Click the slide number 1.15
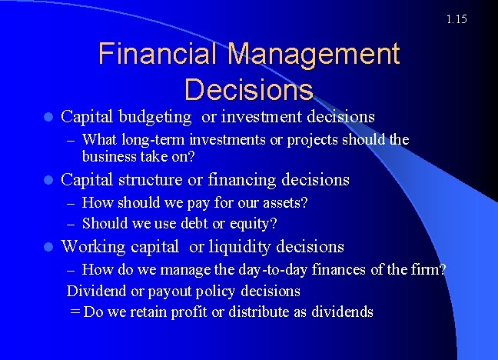coord(456,18)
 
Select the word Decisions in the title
coord(248,89)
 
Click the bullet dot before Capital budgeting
coord(48,118)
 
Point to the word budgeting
coord(158,117)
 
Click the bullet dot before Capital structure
coord(48,181)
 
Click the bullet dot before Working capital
coord(48,248)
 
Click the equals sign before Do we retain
coord(75,312)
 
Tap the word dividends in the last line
coord(342,312)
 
